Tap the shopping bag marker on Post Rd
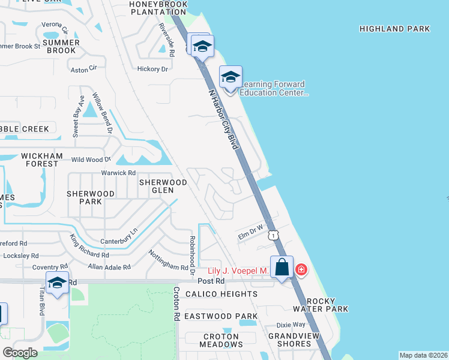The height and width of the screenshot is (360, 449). pos(282,268)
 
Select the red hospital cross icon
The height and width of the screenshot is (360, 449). pos(301,271)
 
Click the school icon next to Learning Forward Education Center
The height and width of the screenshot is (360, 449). pos(231,77)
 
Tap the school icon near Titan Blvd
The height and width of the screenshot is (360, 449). pos(57,283)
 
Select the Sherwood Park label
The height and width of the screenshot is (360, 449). pos(90,197)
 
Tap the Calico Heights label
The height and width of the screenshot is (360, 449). pos(221,294)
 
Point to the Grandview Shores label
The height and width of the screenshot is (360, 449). pos(289,340)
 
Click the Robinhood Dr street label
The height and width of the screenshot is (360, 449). pos(193,254)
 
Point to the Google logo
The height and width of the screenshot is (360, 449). pos(20,352)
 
